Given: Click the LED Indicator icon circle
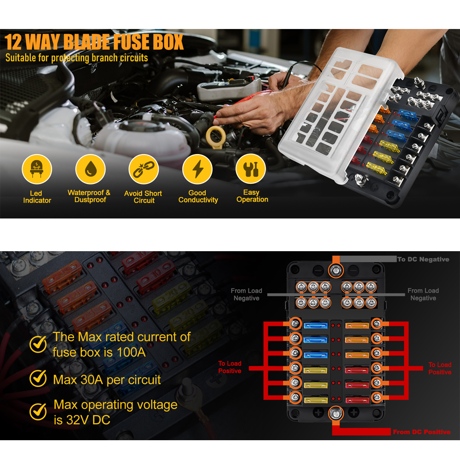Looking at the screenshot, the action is (37, 169).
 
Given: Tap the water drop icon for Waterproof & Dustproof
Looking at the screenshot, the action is (90, 169).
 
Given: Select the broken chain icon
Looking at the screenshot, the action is (144, 169).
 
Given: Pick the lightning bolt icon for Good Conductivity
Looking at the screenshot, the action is (197, 169).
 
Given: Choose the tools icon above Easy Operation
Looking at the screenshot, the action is (251, 169).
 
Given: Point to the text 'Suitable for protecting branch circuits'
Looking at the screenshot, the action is (76, 58).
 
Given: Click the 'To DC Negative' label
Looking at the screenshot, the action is (423, 259).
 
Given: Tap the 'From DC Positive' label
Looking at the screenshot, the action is (421, 432).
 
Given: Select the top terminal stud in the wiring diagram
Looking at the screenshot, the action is (336, 270).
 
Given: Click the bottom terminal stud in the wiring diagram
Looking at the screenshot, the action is (336, 414).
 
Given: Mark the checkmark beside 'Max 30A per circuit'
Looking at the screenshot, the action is (38, 379).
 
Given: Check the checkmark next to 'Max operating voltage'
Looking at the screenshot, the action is (38, 411).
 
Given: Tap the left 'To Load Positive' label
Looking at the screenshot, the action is (230, 367).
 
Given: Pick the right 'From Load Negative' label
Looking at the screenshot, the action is (423, 294).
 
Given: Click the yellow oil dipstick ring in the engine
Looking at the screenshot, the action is (216, 137).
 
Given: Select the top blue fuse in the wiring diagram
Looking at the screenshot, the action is (316, 325).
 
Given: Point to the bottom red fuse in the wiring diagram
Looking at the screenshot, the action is (357, 400).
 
